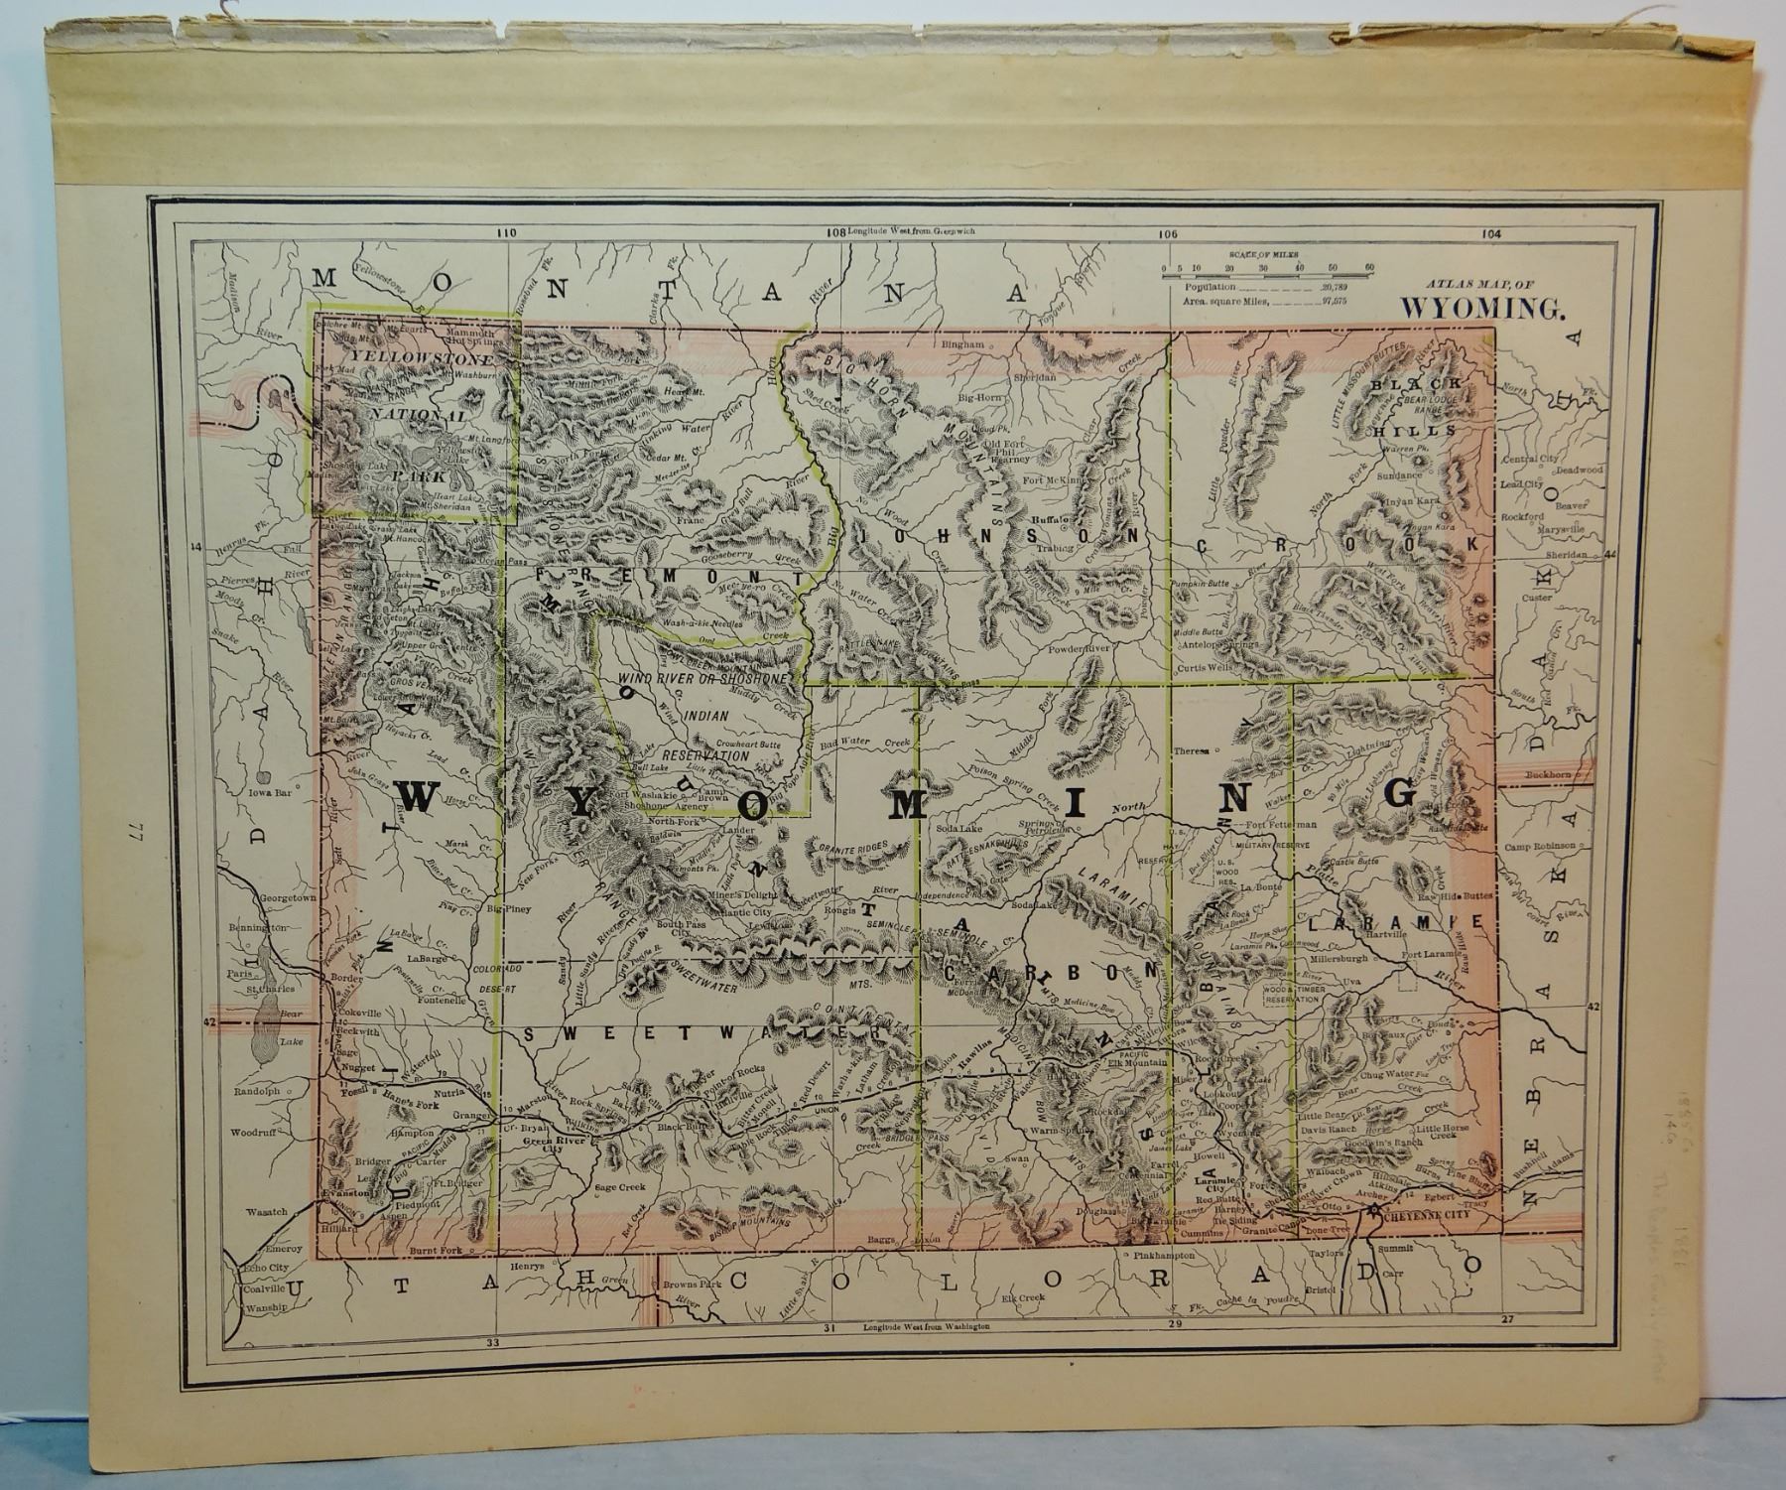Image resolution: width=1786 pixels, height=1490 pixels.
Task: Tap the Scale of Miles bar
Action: tap(1268, 268)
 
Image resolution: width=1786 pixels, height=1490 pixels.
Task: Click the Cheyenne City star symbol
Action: tap(1374, 1212)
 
